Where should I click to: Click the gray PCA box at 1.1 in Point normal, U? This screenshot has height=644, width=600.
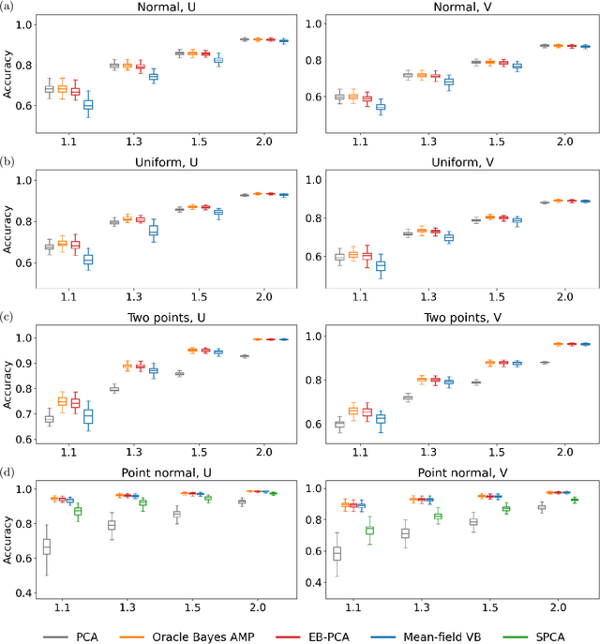[48, 547]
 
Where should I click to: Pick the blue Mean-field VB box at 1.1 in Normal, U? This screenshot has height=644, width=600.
[88, 105]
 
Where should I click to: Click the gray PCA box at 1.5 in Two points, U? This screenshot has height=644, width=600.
[178, 373]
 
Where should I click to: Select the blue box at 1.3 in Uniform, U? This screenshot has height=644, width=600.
[154, 231]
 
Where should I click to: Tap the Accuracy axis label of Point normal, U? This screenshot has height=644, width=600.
[7, 533]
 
